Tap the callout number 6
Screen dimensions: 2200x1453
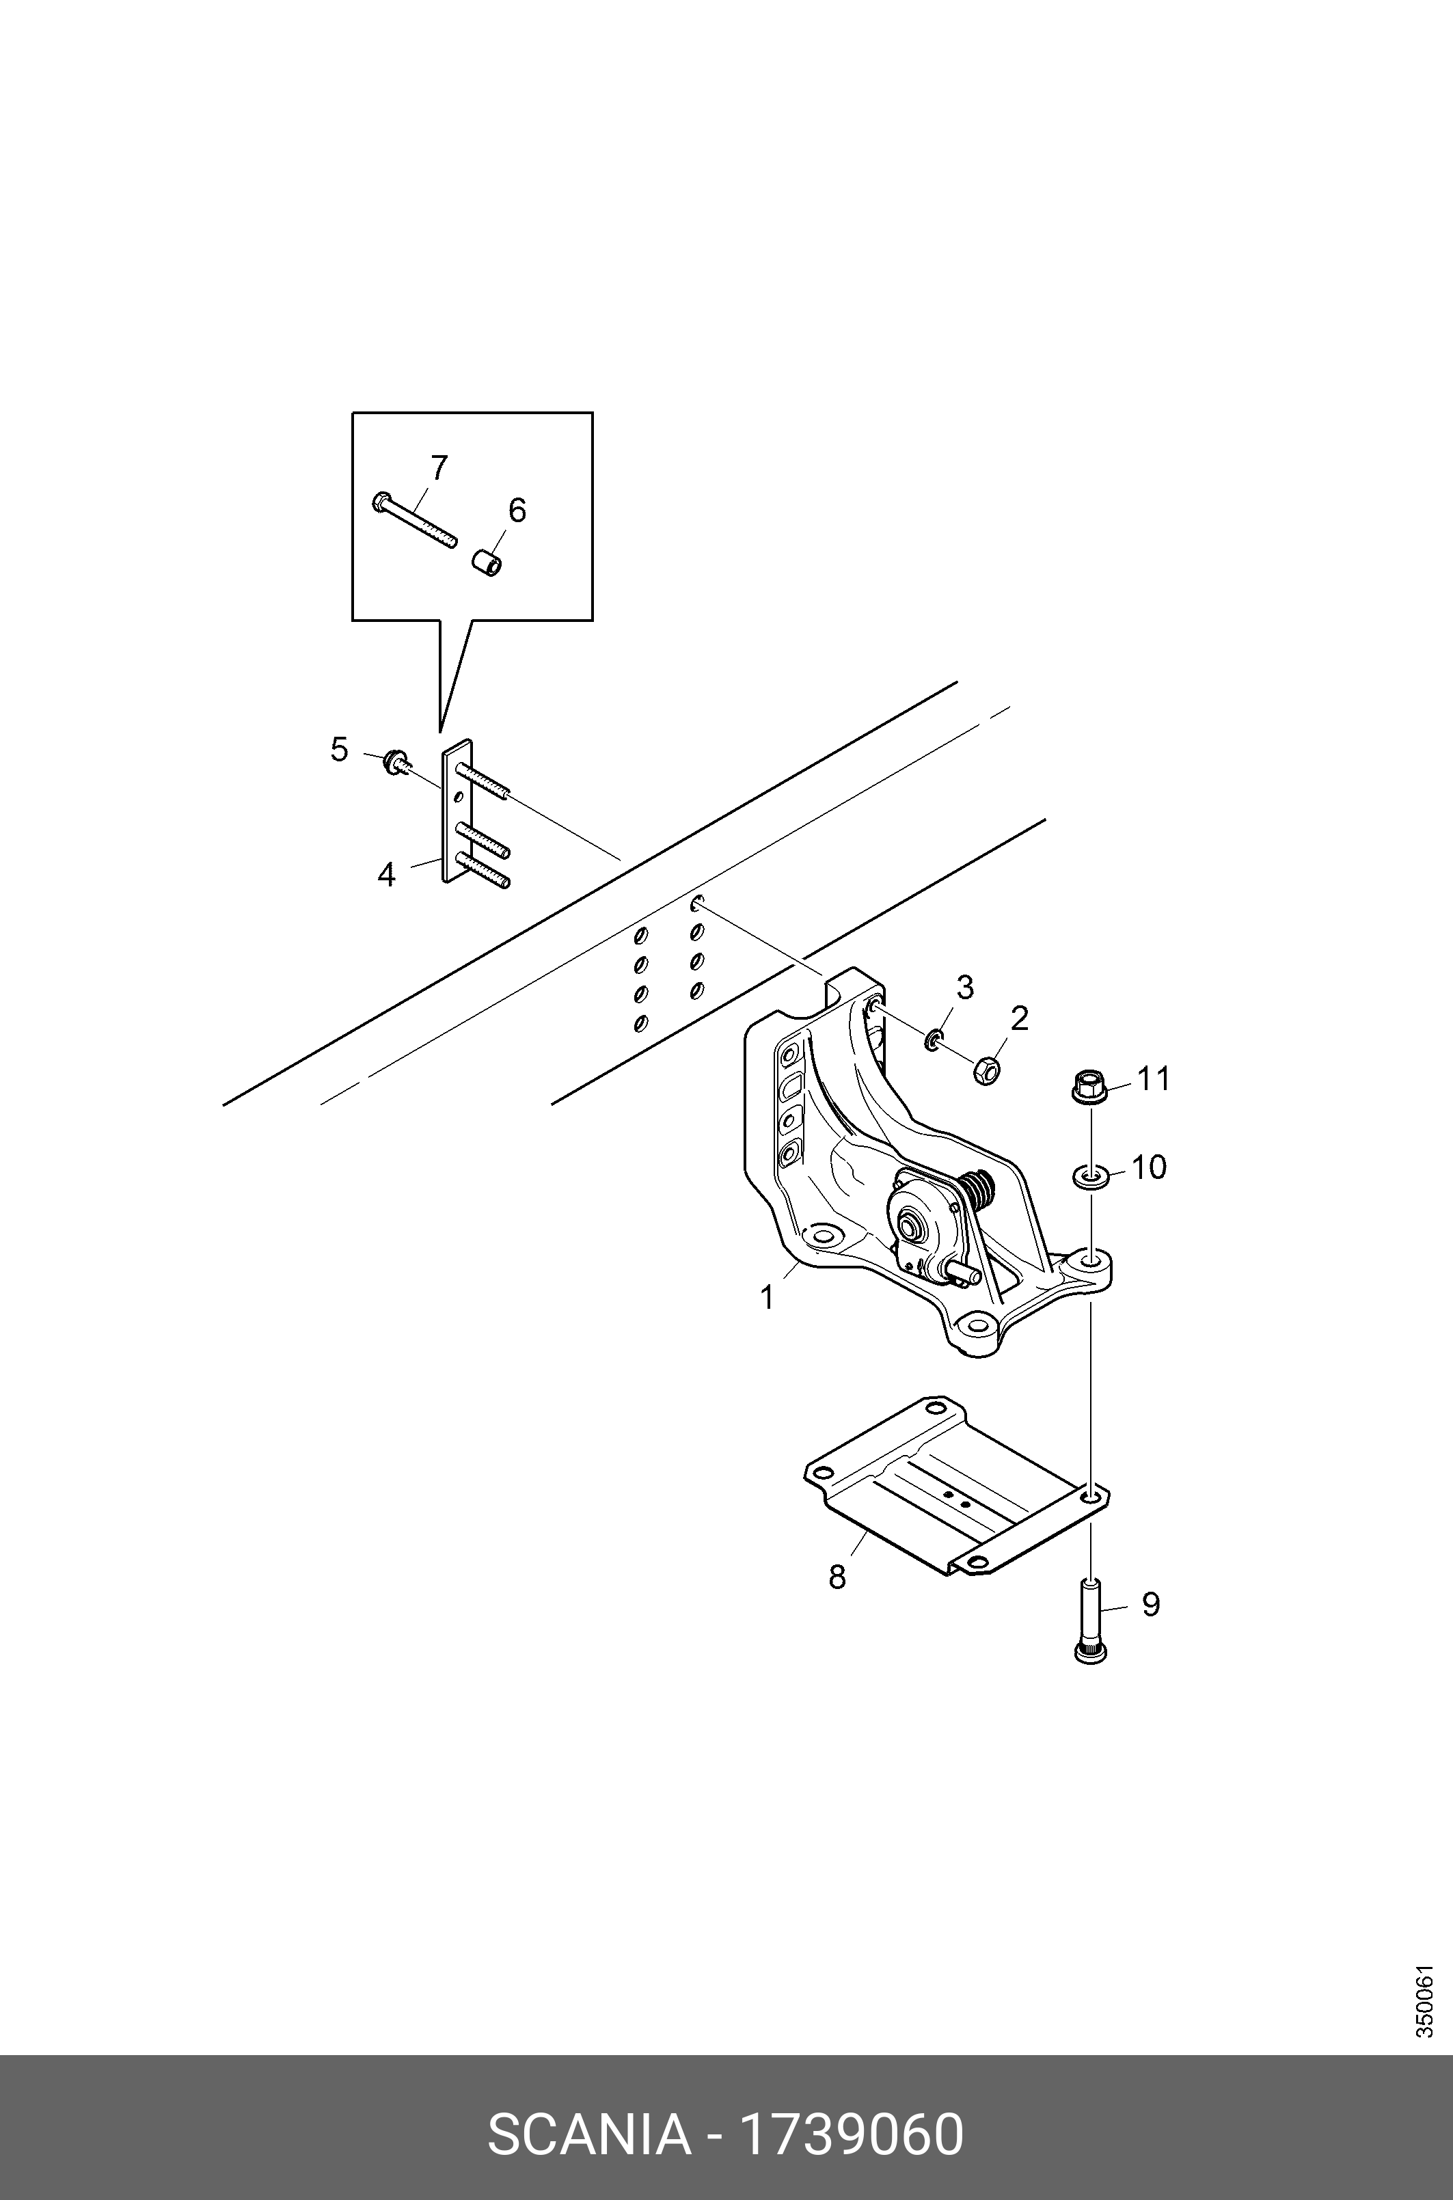[516, 510]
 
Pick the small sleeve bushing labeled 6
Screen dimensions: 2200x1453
[487, 562]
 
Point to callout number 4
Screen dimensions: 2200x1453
[386, 874]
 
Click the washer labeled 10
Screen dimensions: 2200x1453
[1089, 1178]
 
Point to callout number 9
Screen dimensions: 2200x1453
[1150, 1604]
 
